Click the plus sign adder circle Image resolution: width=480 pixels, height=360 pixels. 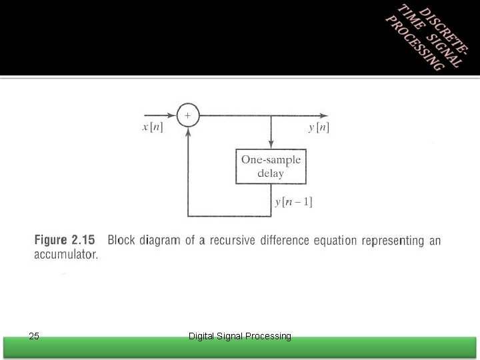tap(187, 115)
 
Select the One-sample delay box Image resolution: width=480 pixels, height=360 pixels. tap(271, 166)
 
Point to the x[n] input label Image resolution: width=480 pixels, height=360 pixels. tap(153, 127)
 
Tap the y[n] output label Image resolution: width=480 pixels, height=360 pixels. tap(319, 127)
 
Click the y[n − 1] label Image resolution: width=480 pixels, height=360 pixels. tap(293, 201)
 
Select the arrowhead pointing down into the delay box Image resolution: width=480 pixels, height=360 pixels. tap(271, 145)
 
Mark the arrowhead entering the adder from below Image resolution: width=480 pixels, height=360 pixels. tap(187, 129)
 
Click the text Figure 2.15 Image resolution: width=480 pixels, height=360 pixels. tap(64, 240)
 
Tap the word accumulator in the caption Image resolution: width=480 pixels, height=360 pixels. tap(65, 255)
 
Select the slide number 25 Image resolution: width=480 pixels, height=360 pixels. tap(35, 336)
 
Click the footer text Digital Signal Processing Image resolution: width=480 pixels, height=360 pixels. tap(240, 337)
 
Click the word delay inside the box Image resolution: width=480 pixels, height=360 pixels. tap(271, 173)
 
